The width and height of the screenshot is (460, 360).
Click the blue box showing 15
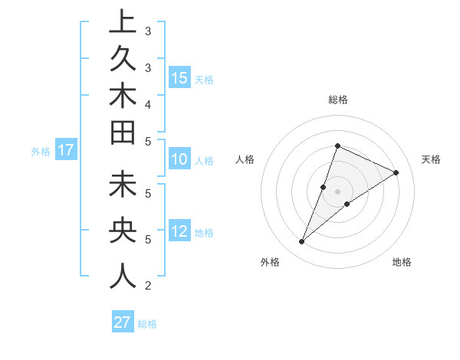[179, 78]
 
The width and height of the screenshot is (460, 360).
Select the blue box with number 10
[179, 160]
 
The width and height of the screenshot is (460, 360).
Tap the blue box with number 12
[179, 232]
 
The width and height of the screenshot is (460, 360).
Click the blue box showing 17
[66, 151]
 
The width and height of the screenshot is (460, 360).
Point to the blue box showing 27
[123, 322]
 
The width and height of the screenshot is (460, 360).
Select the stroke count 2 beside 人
[147, 286]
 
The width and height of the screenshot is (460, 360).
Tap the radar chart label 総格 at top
[337, 100]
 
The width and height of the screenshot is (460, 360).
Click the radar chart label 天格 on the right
[431, 159]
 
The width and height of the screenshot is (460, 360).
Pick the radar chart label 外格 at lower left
[270, 262]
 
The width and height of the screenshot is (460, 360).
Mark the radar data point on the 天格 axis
[396, 172]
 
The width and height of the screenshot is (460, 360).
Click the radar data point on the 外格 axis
[301, 242]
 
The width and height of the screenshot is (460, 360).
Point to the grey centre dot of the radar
[337, 191]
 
